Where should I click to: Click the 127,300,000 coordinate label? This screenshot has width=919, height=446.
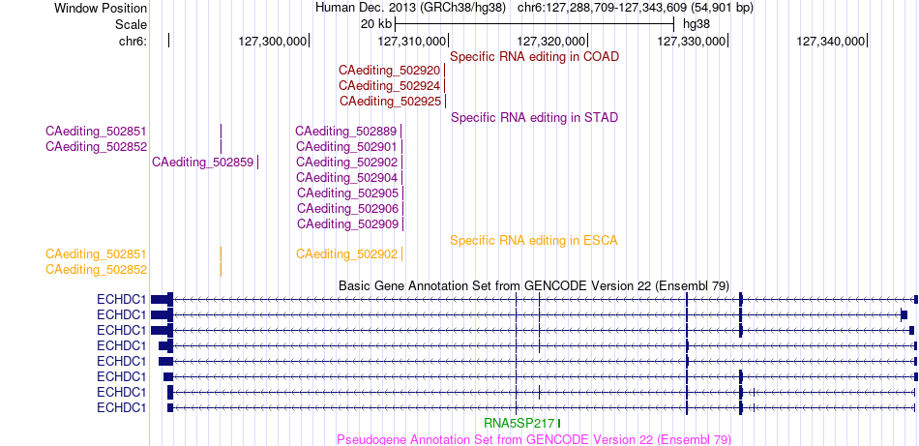[273, 41]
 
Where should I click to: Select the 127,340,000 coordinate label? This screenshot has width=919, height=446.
[831, 41]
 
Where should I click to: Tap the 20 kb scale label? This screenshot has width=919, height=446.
[376, 24]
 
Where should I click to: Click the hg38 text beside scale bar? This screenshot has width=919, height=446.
[697, 24]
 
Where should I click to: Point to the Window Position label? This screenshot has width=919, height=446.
[101, 9]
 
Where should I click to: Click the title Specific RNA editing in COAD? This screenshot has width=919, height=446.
[535, 57]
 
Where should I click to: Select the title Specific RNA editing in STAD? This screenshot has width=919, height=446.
[535, 118]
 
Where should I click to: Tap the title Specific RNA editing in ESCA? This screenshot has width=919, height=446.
[534, 240]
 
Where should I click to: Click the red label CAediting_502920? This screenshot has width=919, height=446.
[389, 71]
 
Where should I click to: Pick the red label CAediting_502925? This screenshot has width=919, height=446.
[391, 102]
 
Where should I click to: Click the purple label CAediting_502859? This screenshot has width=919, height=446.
[203, 163]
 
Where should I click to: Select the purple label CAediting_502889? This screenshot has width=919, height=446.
[345, 132]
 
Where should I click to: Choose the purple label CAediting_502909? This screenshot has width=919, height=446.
[348, 223]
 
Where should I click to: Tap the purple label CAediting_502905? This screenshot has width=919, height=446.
[348, 193]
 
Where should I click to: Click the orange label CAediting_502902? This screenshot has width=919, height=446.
[347, 254]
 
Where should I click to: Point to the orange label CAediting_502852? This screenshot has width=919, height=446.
[96, 270]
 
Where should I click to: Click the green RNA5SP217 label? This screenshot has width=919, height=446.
[519, 423]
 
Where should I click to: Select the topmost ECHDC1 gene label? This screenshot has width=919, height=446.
[121, 300]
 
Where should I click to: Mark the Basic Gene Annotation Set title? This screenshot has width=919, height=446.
[534, 286]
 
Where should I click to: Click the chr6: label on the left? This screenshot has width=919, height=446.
[133, 41]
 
